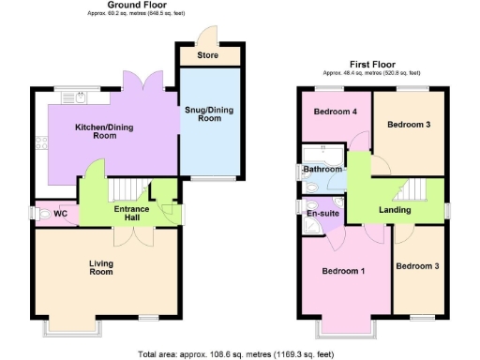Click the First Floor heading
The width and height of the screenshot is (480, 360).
pos(371,62)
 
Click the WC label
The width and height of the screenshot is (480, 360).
pos(61,215)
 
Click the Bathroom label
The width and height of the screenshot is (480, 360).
pos(323,170)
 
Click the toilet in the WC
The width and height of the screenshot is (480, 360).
pos(42,215)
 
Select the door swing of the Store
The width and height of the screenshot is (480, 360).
pos(204,34)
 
